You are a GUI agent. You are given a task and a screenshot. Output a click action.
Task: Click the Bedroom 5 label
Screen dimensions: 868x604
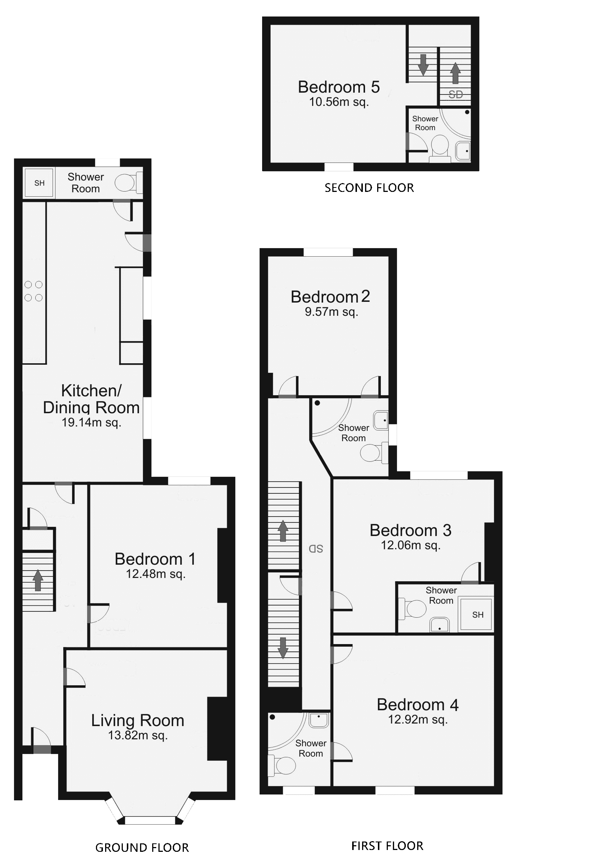(338, 87)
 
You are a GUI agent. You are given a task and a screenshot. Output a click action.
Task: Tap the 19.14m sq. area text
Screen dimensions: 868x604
(91, 422)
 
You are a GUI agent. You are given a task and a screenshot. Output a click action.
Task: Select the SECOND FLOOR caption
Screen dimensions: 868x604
(369, 188)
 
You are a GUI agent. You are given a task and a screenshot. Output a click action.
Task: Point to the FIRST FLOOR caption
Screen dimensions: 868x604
(387, 846)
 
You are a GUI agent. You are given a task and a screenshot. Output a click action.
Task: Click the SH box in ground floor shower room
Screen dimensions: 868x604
(39, 183)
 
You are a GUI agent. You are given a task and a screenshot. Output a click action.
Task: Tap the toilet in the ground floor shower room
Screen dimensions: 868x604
(126, 183)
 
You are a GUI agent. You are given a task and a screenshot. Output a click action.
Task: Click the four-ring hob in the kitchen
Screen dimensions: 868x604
(33, 291)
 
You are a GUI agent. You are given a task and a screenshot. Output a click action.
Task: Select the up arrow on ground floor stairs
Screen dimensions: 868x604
(38, 580)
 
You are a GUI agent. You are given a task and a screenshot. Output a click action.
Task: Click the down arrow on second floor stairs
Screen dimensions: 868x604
(423, 64)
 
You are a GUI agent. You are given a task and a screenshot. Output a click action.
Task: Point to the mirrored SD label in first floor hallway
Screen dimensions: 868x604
(316, 549)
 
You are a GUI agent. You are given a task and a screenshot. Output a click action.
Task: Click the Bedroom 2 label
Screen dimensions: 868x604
(330, 297)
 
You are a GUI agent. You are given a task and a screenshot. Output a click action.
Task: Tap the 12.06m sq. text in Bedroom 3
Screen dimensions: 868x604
(411, 545)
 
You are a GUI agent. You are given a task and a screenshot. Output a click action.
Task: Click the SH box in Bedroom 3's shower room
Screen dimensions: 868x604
(478, 615)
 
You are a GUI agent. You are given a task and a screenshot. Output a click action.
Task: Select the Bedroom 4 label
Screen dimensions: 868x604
(417, 705)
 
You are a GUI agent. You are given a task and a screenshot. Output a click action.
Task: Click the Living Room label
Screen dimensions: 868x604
(137, 721)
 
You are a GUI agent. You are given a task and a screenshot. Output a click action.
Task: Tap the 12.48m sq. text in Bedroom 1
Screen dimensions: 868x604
(156, 574)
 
